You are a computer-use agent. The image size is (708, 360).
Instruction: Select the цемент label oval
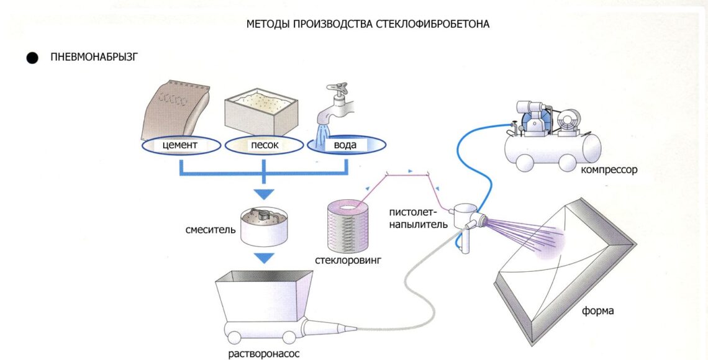tap(180, 145)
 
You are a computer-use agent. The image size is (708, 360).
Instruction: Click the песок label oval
tap(265, 145)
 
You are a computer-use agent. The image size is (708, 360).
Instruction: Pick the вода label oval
tap(345, 145)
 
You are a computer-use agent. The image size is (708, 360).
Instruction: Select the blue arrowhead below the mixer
tap(265, 258)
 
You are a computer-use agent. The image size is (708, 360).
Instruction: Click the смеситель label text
tap(210, 230)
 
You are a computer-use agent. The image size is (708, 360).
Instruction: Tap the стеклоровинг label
tap(348, 260)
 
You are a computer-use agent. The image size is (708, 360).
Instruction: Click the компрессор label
tap(609, 169)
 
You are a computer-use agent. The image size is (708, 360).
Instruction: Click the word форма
tap(597, 310)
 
